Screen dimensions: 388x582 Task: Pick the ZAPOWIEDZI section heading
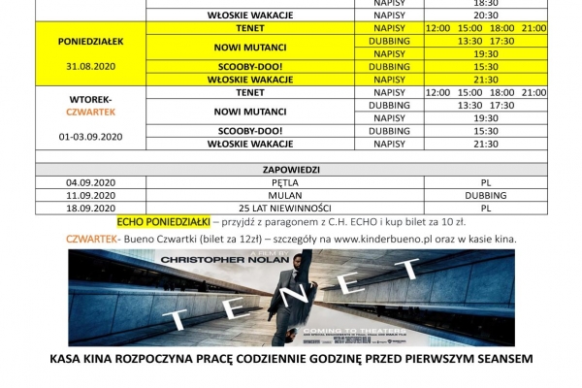[x=292, y=169]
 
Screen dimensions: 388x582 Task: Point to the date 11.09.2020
[x=91, y=194]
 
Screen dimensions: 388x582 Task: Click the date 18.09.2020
[x=91, y=207]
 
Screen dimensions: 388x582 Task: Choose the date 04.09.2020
[x=91, y=181]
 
